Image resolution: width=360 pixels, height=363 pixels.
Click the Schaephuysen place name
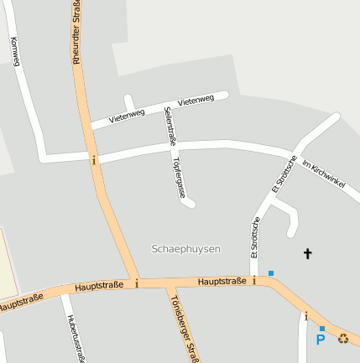click(x=186, y=249)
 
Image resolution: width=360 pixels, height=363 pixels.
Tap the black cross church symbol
click(x=307, y=252)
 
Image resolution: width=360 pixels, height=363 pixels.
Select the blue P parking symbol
click(x=321, y=340)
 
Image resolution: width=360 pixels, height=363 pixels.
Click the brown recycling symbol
click(x=343, y=339)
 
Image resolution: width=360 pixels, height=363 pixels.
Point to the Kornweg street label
click(x=15, y=51)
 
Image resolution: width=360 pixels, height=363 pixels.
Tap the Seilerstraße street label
click(x=170, y=126)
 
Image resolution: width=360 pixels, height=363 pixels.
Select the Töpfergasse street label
click(x=179, y=176)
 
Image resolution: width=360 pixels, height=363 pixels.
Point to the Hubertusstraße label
click(x=76, y=339)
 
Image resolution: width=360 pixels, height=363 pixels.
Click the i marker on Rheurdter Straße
click(x=94, y=159)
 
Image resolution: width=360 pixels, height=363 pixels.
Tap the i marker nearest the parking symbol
click(x=306, y=316)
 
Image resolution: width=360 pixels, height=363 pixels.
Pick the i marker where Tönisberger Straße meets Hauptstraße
click(x=137, y=283)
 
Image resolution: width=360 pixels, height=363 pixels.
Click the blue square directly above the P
click(x=321, y=328)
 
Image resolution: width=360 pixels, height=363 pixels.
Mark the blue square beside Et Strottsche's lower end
click(x=270, y=272)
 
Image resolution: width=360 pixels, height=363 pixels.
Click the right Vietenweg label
click(x=196, y=101)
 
